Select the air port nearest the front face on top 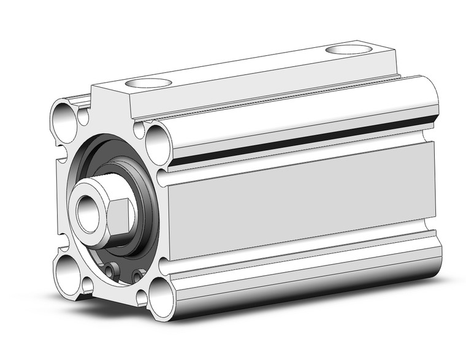(x=148, y=83)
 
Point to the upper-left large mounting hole (x=63, y=115)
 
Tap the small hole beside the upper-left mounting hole (x=83, y=117)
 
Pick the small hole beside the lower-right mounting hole (x=142, y=297)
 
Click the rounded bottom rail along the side (x=307, y=273)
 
